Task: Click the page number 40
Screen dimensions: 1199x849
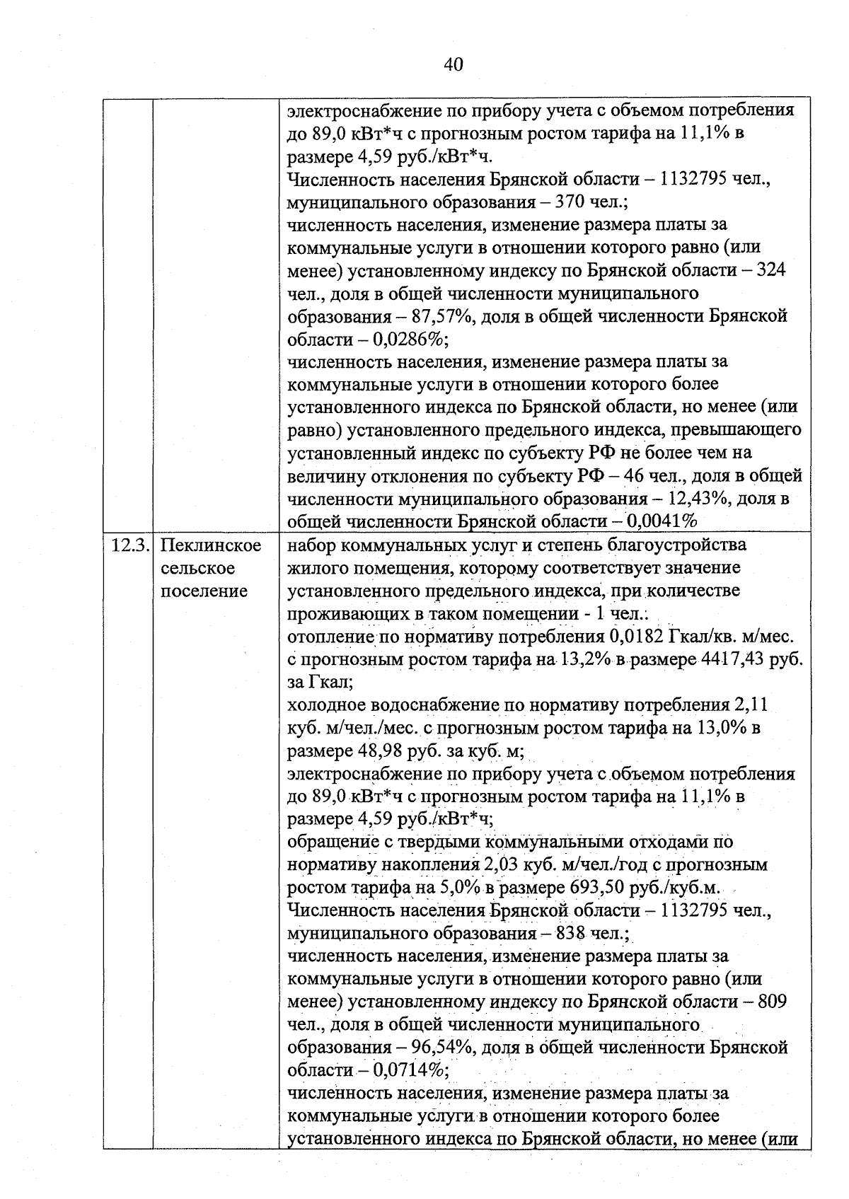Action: pyautogui.click(x=454, y=65)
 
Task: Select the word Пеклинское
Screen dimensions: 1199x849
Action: pyautogui.click(x=211, y=545)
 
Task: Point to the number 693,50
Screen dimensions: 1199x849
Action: pyautogui.click(x=599, y=888)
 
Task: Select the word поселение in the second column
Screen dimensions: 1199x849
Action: pyautogui.click(x=204, y=591)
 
